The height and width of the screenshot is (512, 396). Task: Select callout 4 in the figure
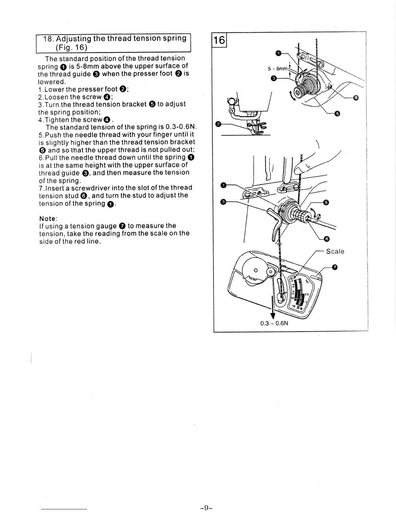tap(356, 98)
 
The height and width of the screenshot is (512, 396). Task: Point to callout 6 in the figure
tap(326, 239)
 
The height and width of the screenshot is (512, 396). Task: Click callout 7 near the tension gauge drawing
tap(335, 267)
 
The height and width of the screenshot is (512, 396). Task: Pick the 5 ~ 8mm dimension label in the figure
tap(278, 69)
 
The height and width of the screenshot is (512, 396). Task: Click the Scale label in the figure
tap(335, 251)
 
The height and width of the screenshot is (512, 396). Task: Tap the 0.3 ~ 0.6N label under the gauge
tap(274, 323)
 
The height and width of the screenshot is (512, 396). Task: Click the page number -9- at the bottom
tap(206, 507)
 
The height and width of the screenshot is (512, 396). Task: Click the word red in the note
tap(79, 241)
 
